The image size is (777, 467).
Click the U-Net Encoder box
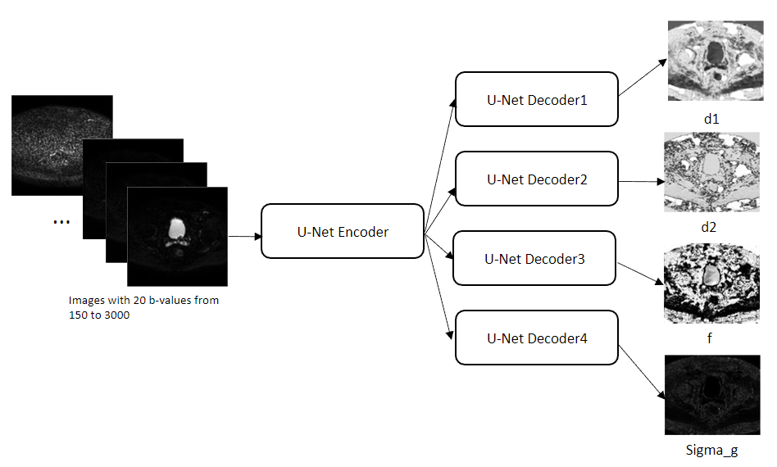tap(343, 232)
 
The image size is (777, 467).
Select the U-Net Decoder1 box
tap(537, 100)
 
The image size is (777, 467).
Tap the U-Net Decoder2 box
tap(537, 179)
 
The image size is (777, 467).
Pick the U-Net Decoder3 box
tap(534, 259)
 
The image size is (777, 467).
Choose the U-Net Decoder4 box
tap(537, 338)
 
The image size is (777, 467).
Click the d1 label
tap(711, 119)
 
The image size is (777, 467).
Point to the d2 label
tap(708, 227)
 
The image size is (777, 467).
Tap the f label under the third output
tap(709, 338)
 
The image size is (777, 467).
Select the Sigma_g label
tap(711, 450)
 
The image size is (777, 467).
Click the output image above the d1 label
tap(714, 62)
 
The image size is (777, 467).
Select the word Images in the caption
tap(86, 301)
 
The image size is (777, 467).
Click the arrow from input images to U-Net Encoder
tap(243, 236)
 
